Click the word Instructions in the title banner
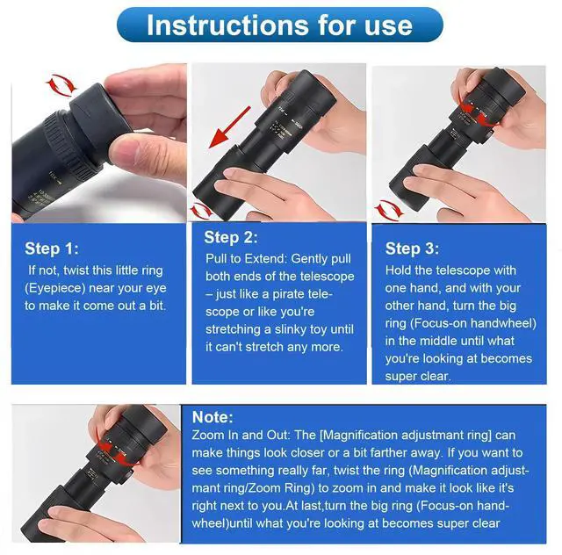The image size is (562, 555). (227, 25)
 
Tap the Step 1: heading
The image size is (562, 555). (51, 249)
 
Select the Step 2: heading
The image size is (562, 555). (231, 237)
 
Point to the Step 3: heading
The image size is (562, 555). (412, 249)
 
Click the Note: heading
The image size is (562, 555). (213, 417)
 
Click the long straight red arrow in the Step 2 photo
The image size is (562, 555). (230, 127)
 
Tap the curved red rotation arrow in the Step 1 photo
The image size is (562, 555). (61, 86)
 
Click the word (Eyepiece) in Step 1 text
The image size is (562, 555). (54, 288)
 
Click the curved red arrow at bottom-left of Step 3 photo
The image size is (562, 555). (388, 209)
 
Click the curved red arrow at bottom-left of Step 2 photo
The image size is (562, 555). (201, 211)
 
